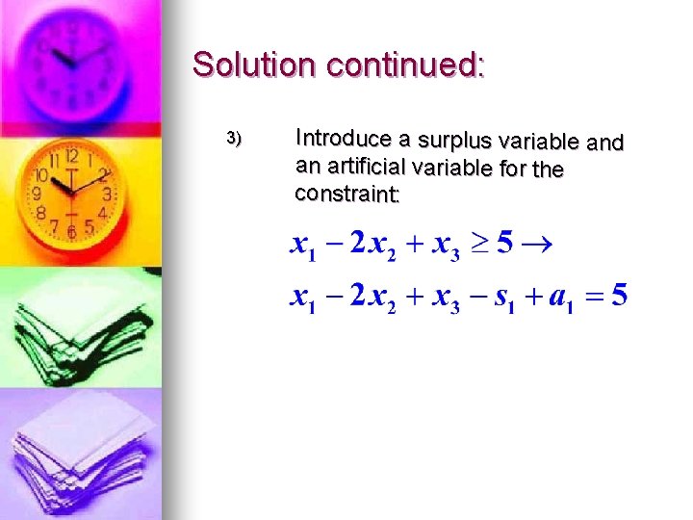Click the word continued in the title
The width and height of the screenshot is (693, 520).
coord(405,65)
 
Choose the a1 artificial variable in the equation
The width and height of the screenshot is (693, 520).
coord(559,298)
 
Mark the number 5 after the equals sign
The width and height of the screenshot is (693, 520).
coord(620,295)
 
